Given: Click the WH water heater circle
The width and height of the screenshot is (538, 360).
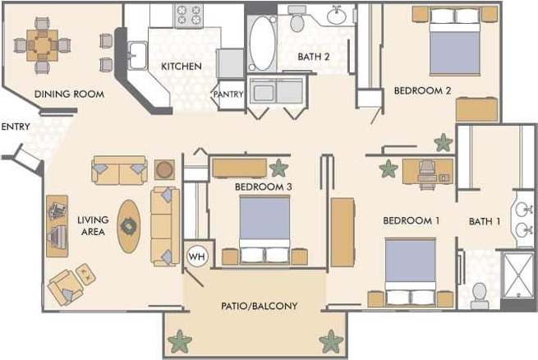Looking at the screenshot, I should tap(196, 256).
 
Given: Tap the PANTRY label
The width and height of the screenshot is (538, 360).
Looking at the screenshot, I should tap(228, 95).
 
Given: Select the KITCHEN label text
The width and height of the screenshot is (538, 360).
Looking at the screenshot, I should tap(181, 66).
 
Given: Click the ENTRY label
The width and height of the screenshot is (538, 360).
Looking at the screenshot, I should tap(16, 127).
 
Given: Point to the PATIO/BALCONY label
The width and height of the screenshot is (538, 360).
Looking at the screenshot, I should tap(259, 306).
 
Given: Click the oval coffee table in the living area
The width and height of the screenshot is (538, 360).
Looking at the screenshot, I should tap(130, 226).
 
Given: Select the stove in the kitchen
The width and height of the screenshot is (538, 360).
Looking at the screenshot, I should tap(188, 14).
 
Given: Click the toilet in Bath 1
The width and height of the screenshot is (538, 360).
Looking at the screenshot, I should tap(481, 292).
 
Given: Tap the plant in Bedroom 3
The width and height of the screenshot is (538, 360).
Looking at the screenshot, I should tap(279, 168).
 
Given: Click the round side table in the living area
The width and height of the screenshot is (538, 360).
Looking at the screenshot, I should tap(165, 169).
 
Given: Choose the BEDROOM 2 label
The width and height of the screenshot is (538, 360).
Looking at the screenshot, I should tap(422, 90).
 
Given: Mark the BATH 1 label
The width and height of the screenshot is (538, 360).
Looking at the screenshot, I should tap(485, 221).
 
